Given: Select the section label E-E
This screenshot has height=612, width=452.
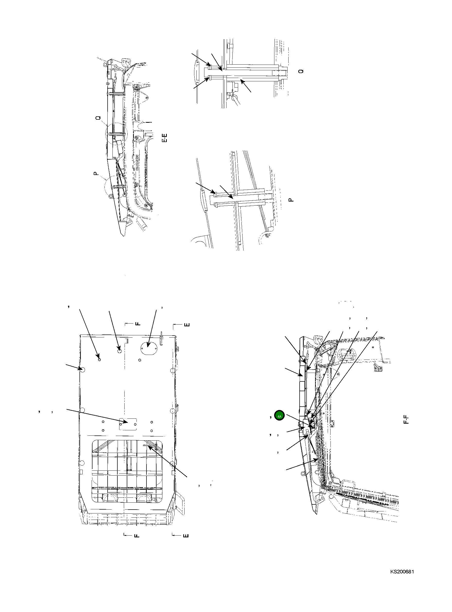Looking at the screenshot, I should click(165, 138).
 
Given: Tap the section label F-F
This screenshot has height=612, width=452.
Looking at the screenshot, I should click(406, 420).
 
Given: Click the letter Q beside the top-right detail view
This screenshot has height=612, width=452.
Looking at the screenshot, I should click(301, 71).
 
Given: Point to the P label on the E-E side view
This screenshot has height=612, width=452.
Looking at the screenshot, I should click(95, 173).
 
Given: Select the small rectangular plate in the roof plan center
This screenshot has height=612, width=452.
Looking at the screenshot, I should click(128, 424).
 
